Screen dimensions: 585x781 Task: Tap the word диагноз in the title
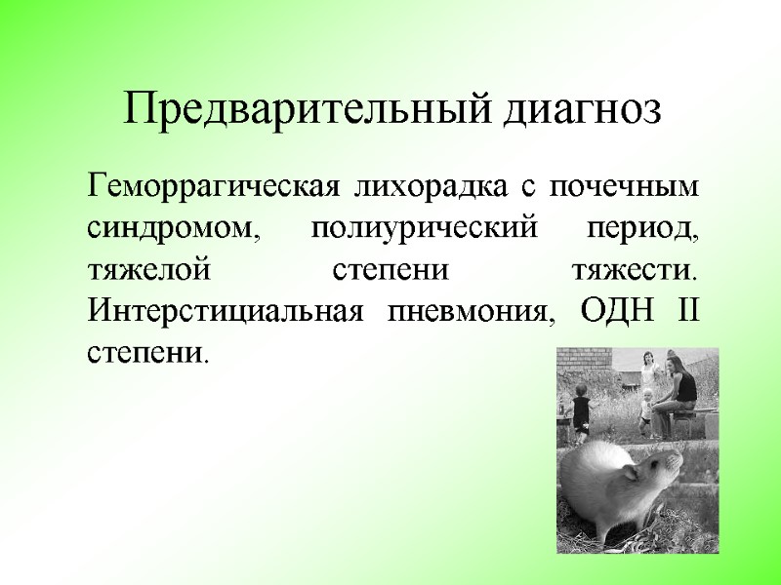coord(583,109)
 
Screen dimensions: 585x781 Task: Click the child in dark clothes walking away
coord(580,409)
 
